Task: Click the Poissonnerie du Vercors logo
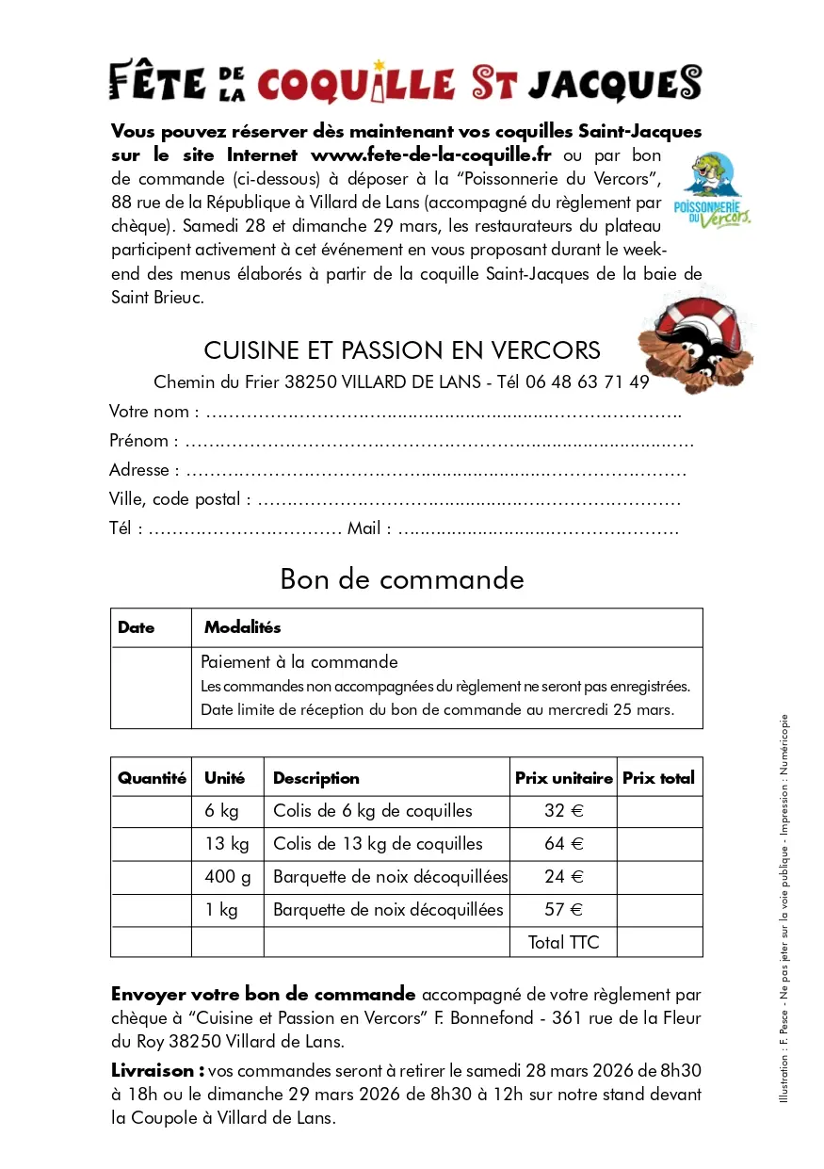coord(713,191)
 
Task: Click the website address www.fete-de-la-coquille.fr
coord(430,155)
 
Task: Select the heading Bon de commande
coord(402,578)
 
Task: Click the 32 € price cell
coord(563,811)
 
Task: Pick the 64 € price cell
coord(563,844)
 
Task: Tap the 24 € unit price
coord(563,877)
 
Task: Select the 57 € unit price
coord(563,910)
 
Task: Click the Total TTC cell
coord(563,942)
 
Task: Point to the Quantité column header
coord(152,778)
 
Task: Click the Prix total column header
coord(658,778)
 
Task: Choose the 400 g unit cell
coord(228,877)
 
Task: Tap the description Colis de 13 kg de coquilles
coord(378,844)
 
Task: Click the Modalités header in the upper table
coord(243,627)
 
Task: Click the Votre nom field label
coord(153,411)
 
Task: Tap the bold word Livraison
coord(157,1070)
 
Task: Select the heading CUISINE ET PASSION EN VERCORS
coord(402,350)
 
